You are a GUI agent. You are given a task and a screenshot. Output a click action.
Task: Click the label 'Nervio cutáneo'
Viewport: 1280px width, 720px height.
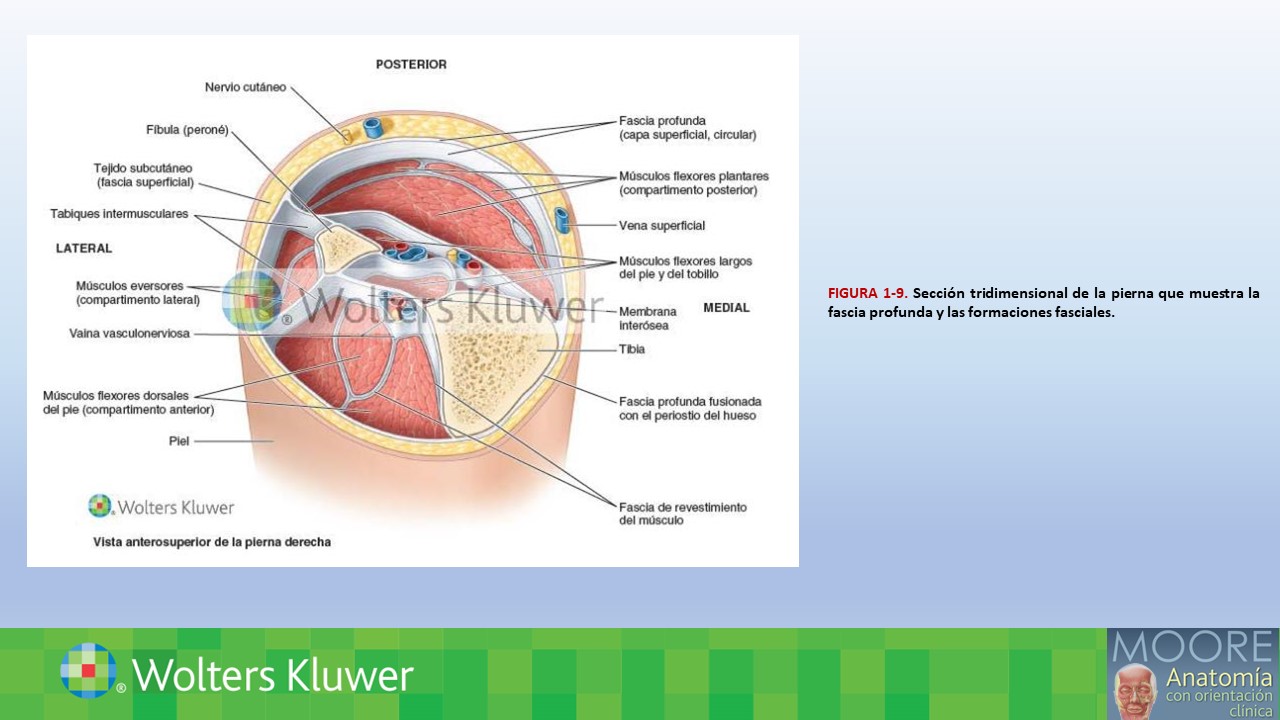245,87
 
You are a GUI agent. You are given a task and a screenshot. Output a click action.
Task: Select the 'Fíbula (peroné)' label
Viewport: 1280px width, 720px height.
187,130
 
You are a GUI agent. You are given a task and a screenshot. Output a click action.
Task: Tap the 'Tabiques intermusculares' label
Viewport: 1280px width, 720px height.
119,214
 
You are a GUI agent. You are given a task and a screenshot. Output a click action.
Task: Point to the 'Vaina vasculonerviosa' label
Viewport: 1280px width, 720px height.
129,333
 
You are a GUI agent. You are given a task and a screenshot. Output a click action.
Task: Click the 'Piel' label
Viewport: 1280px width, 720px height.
179,441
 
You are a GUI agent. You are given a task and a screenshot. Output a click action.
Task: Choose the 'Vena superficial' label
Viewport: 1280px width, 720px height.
662,226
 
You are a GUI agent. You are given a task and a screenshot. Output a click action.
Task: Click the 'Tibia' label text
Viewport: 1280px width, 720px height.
631,349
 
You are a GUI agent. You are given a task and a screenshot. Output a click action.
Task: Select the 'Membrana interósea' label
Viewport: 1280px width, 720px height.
647,318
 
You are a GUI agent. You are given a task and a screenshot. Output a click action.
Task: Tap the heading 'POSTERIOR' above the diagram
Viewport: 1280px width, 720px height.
411,65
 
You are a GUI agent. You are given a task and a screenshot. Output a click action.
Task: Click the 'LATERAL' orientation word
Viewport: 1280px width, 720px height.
84,249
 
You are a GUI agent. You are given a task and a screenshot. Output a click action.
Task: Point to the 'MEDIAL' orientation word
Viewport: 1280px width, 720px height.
726,308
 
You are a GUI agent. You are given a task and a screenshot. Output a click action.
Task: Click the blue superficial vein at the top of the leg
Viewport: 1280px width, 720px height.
374,127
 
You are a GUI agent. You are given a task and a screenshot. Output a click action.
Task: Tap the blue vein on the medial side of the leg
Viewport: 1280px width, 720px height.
562,220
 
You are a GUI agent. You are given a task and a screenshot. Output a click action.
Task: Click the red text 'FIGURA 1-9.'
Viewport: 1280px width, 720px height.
867,293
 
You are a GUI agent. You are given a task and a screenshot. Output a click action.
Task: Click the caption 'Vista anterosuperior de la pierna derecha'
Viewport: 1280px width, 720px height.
212,542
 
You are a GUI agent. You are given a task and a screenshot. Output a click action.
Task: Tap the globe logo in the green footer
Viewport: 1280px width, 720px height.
89,670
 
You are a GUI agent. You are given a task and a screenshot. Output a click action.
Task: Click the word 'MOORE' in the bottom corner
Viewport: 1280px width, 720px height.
1192,647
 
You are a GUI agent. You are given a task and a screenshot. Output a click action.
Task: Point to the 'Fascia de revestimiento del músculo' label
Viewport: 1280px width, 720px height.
683,514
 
